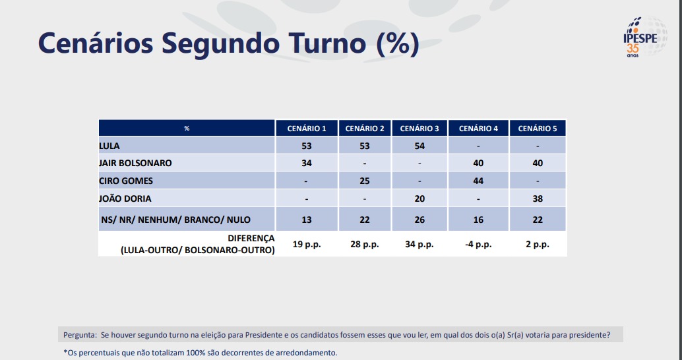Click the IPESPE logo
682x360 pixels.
point(644,37)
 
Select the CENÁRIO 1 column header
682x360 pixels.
point(307,129)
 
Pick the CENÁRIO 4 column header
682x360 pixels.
point(478,129)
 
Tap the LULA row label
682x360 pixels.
point(109,146)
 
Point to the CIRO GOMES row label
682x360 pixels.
point(126,181)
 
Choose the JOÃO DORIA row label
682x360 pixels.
point(125,198)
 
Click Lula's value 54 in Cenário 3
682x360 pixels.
point(419,146)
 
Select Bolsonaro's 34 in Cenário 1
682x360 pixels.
point(307,164)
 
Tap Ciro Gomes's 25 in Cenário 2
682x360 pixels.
point(365,181)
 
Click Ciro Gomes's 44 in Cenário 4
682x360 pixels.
point(478,181)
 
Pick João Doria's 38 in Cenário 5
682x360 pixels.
point(538,198)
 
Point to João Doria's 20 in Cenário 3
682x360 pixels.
point(419,198)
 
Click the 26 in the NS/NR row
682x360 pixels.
point(419,220)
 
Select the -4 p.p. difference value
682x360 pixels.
point(478,245)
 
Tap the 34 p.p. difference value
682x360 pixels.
point(419,245)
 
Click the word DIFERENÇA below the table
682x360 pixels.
point(251,238)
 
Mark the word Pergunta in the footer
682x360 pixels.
point(80,335)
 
